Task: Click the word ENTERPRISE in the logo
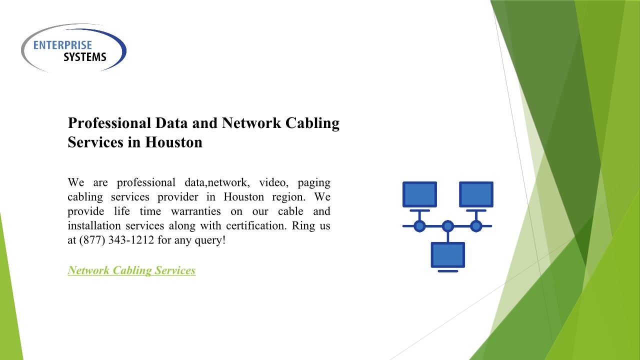62,45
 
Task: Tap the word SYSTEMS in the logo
84,57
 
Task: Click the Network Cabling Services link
131,270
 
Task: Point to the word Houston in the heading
174,142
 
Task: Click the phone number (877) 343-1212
116,240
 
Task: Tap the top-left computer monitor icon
419,194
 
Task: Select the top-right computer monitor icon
476,194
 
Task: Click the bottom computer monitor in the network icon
448,255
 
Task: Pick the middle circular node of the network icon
448,226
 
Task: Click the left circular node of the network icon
419,226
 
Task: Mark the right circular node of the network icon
476,226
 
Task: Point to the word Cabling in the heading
312,123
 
